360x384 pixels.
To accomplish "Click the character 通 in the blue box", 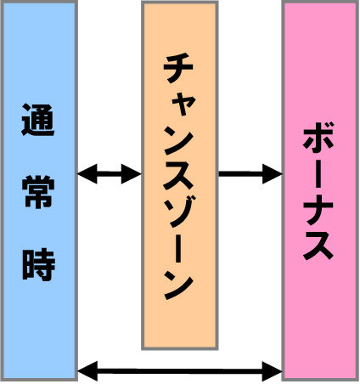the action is point(38,120).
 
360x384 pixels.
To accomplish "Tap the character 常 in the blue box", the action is point(38,192).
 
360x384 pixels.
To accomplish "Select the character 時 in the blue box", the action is point(38,265).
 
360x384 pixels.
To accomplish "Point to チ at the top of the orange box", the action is point(178,68).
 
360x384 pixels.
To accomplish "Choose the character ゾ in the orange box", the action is point(180,212).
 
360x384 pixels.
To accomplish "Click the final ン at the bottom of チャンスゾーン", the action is point(179,284).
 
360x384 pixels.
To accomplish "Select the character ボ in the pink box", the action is point(318,138).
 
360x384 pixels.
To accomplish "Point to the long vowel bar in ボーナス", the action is point(318,173).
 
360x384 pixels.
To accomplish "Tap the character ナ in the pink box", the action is point(318,210).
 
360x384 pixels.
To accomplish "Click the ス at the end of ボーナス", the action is point(318,246).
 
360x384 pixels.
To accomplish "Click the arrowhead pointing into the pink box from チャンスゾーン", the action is point(273,174).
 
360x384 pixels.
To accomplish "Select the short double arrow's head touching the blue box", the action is point(87,174).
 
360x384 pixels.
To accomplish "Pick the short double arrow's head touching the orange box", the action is point(132,174).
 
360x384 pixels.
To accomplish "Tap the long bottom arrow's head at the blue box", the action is point(87,371).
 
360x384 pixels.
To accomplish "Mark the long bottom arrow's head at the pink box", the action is point(273,371).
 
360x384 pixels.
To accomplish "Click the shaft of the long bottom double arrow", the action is point(180,371).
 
